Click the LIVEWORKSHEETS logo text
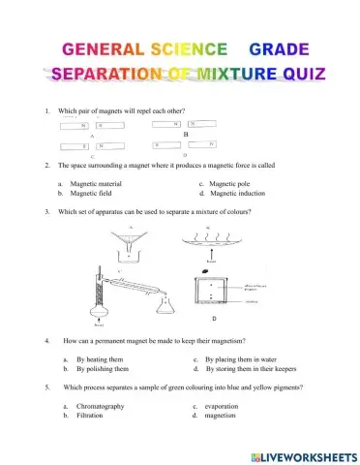301,454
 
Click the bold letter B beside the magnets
199,133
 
